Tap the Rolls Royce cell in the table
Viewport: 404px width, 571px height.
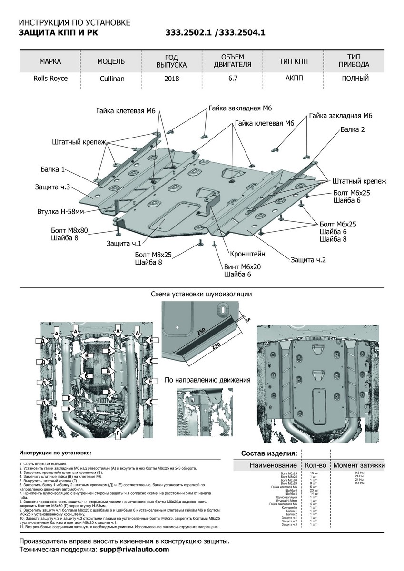click(x=50, y=79)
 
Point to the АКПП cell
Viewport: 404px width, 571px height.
click(x=293, y=79)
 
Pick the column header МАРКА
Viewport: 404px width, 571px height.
click(x=50, y=61)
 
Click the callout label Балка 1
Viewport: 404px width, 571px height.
click(x=53, y=169)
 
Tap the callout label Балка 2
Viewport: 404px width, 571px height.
click(x=353, y=129)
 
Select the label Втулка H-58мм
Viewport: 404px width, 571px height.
click(x=60, y=211)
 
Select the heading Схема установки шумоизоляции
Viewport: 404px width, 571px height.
click(x=201, y=295)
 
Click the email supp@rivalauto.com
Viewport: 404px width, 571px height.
click(x=134, y=550)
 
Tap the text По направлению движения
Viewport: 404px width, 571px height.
click(x=207, y=380)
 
